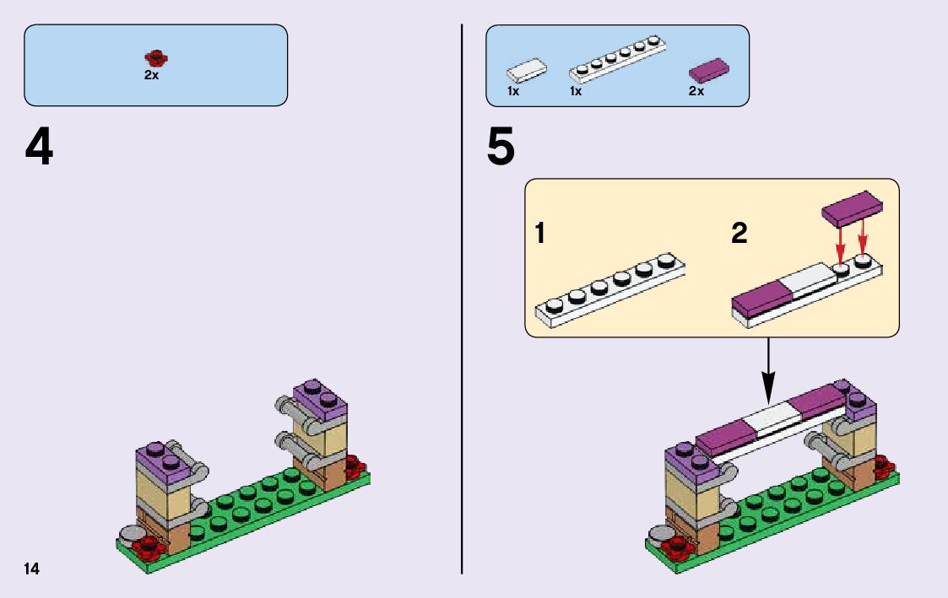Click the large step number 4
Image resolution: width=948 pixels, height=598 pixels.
(x=39, y=148)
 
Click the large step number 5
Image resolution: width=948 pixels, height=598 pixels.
(x=501, y=148)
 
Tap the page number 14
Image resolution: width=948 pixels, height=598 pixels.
(x=31, y=569)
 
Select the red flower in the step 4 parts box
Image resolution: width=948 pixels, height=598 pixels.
(x=155, y=58)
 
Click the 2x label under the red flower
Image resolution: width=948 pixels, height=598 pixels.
(x=151, y=75)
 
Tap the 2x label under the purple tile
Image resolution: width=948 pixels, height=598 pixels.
(x=696, y=91)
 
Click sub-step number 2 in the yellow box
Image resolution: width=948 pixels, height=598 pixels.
(x=739, y=234)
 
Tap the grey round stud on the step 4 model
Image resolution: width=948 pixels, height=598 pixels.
(x=133, y=533)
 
